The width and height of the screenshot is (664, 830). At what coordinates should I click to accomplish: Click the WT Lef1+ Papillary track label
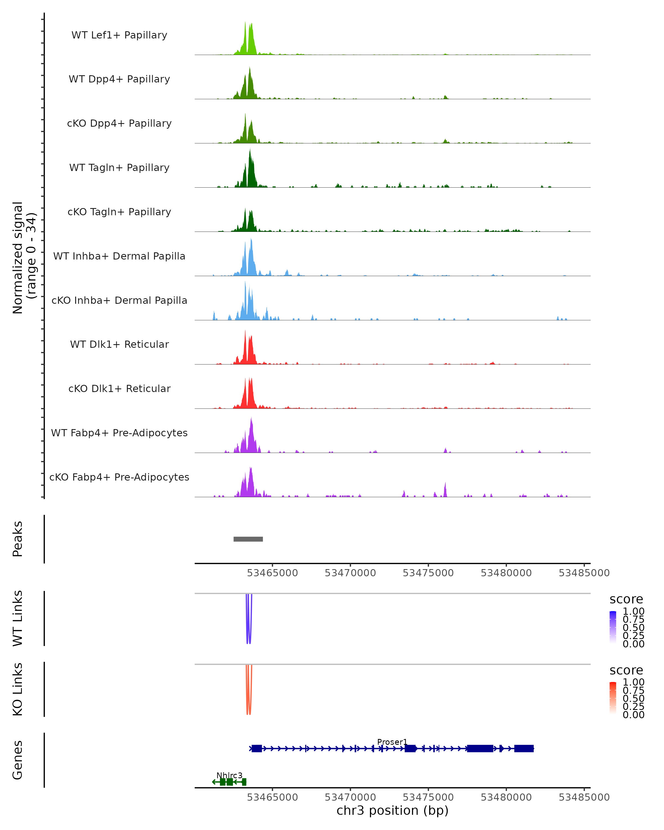point(119,35)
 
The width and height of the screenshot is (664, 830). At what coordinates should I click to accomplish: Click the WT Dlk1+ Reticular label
point(119,344)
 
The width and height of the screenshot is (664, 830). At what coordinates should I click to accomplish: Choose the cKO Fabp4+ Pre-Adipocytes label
point(119,477)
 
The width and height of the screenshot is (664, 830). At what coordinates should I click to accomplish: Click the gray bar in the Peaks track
point(248,539)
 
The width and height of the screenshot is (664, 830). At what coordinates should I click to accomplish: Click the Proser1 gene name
point(392,742)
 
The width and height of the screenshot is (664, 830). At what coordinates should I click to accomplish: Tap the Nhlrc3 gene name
point(229,775)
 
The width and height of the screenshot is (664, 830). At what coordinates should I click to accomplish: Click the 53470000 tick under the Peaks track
point(350,573)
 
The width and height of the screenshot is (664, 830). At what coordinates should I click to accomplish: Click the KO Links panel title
point(18,689)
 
